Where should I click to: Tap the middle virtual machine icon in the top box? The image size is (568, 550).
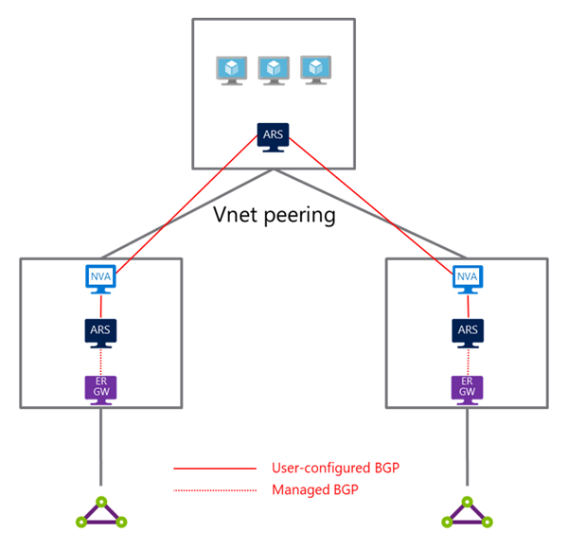(x=274, y=70)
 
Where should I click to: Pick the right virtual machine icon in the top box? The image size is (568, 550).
(x=314, y=70)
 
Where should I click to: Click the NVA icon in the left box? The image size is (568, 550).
(x=101, y=278)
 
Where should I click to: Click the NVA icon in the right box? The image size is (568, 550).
(x=467, y=278)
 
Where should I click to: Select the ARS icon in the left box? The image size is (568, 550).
(x=101, y=330)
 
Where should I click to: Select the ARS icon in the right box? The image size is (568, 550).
(x=467, y=330)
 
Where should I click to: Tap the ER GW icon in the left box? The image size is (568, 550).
(x=101, y=386)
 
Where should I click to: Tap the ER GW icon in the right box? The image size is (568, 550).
(x=467, y=386)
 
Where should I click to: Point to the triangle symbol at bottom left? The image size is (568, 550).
(x=101, y=511)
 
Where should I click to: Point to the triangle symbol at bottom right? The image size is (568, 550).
(x=467, y=511)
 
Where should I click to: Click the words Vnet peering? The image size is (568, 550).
(x=275, y=215)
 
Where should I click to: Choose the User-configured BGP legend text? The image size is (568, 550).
(x=333, y=468)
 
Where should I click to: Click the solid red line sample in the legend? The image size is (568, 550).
(x=215, y=468)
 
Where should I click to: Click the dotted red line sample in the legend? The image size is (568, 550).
(x=215, y=489)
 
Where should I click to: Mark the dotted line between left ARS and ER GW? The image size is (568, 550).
(x=101, y=359)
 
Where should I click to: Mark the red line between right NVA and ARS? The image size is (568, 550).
(x=467, y=304)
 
